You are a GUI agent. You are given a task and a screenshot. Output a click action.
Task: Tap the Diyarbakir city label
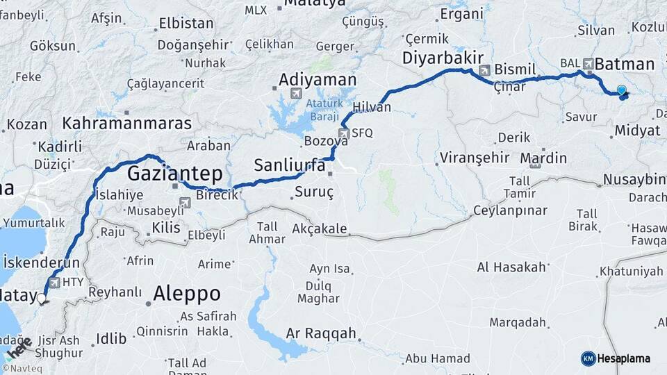443,58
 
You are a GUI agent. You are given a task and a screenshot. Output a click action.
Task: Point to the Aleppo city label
186,293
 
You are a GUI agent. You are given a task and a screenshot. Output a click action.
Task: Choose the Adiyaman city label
317,79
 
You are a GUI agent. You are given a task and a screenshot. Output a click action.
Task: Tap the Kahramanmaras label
126,124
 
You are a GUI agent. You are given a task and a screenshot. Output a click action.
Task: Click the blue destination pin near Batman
621,90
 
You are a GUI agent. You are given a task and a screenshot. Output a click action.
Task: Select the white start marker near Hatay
42,299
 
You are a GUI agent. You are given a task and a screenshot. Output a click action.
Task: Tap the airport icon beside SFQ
343,133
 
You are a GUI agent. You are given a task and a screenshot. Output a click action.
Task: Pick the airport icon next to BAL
589,63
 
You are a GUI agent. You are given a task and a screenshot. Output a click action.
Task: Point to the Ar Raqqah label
320,333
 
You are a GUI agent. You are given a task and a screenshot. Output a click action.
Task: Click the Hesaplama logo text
623,358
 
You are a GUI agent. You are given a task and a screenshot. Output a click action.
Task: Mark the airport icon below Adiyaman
296,94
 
